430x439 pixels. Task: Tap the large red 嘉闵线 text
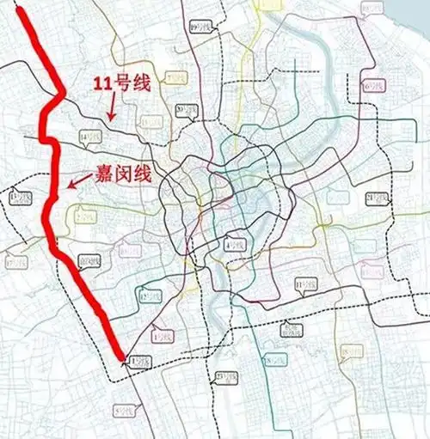tap(124, 174)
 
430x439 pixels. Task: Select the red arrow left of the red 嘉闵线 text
tap(79, 180)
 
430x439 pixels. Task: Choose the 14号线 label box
tap(87, 137)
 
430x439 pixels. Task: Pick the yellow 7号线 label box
tap(175, 78)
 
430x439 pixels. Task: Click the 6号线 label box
tap(372, 86)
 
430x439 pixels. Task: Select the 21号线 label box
tap(374, 199)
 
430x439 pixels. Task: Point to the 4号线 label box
tap(233, 245)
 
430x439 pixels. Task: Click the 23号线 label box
tap(225, 377)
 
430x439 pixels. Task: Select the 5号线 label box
tap(124, 412)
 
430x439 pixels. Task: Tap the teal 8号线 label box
tap(271, 361)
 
